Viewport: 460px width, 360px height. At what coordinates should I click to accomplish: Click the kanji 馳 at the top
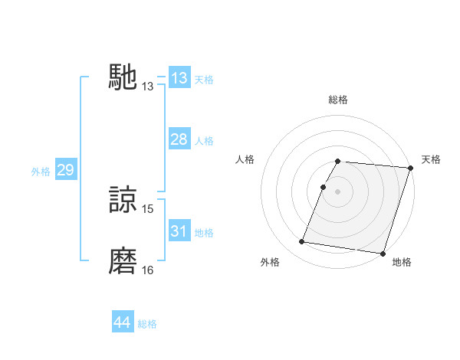point(123,77)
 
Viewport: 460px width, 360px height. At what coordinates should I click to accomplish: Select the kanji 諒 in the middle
point(123,200)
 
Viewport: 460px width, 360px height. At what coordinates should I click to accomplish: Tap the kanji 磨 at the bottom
point(123,261)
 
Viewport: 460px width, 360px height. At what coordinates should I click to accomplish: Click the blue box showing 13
point(179,78)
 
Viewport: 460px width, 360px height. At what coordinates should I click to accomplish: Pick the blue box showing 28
point(179,139)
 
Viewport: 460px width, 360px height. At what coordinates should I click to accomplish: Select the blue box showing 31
point(179,231)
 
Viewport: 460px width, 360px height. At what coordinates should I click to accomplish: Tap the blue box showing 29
point(65,170)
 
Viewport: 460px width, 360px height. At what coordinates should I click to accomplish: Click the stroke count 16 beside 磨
point(148,270)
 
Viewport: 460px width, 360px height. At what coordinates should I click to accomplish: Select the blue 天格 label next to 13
point(204,80)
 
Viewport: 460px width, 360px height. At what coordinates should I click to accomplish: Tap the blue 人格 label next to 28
point(204,141)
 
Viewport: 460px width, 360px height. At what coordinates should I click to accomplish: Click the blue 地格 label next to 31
point(204,233)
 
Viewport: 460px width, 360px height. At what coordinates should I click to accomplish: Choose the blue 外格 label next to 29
point(41,172)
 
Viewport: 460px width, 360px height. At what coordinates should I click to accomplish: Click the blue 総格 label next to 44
point(147,324)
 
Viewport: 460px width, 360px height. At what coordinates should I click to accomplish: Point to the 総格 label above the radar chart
point(337,100)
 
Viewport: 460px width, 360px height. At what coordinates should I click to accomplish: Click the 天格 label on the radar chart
point(432,159)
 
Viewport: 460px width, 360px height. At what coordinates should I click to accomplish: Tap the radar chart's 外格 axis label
point(270,262)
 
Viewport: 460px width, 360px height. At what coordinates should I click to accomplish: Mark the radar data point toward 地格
point(383,254)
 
